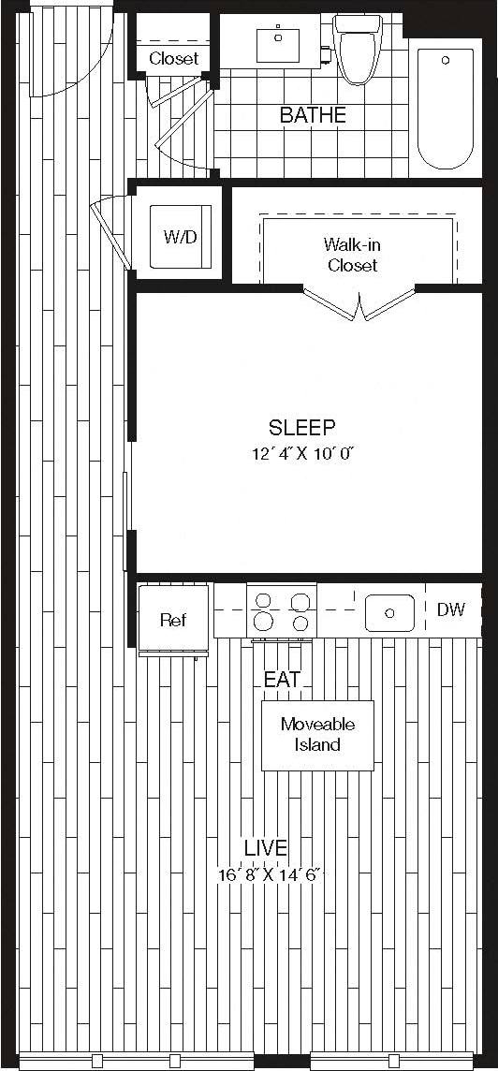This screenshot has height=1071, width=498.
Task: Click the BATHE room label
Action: click(313, 115)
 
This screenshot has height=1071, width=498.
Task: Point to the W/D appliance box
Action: click(182, 236)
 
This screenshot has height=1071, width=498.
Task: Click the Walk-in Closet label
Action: click(351, 255)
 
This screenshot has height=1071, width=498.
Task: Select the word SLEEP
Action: click(301, 428)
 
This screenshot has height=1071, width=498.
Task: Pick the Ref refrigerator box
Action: click(172, 620)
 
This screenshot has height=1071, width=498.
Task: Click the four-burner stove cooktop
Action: click(282, 610)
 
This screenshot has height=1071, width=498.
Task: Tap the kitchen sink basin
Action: click(390, 612)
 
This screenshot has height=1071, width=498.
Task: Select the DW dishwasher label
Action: click(451, 609)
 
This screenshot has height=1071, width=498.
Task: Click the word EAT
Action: click(282, 680)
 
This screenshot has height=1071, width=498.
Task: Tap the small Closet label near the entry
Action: click(174, 58)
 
